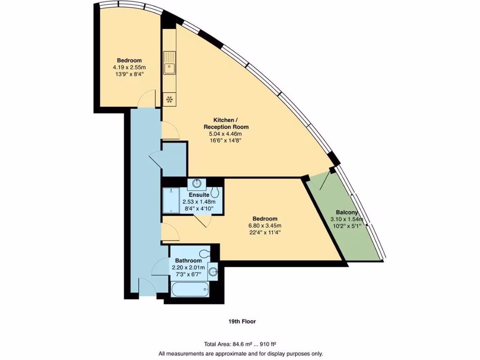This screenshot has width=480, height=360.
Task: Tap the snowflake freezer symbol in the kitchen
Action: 169,98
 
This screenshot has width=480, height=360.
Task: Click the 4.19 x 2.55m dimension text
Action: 129,67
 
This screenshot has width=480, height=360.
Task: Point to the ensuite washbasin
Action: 196,183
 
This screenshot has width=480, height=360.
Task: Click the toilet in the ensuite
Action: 215,192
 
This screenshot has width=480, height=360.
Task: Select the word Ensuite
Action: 199,195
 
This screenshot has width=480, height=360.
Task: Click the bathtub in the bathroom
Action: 190,289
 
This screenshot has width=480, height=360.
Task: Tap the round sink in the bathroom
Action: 214,271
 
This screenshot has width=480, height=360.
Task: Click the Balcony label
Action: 347,212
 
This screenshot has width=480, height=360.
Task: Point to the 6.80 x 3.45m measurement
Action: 265,225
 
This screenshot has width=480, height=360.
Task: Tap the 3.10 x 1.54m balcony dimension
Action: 348,219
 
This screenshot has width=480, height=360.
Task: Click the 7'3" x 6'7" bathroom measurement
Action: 188,274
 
